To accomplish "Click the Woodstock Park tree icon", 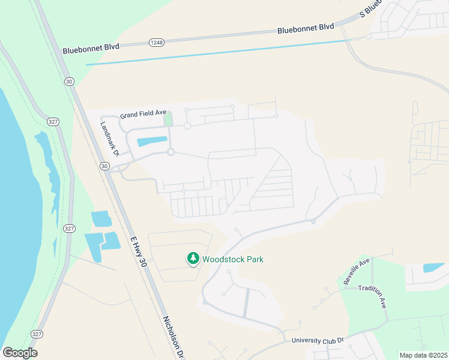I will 193,259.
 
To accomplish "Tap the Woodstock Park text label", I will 233,259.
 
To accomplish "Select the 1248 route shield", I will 156,42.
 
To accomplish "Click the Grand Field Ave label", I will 143,113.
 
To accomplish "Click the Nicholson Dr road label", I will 172,337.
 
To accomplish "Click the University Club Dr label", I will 318,340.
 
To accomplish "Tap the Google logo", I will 20,352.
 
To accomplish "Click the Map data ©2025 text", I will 423,355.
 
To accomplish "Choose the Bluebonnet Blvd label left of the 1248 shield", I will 95,46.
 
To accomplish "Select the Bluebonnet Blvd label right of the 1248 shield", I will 305,28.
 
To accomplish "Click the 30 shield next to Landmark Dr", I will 105,166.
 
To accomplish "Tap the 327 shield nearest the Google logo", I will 37,334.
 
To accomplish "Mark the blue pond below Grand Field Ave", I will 152,142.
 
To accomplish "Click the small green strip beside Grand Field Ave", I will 169,118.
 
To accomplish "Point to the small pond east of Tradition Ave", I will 433,268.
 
